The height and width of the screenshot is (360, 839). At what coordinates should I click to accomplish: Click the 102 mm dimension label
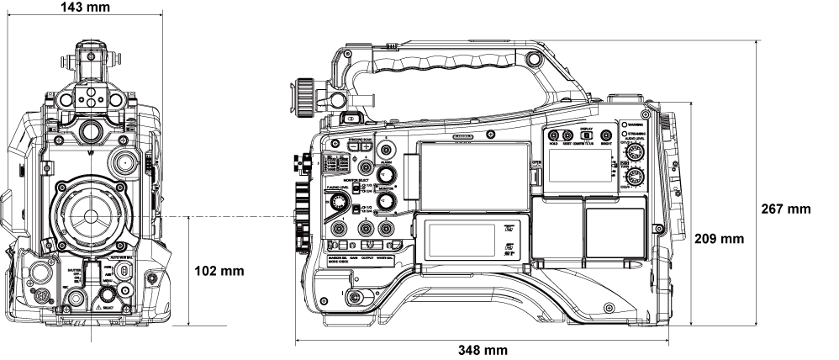tap(219, 272)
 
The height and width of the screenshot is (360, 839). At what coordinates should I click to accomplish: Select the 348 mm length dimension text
tap(482, 350)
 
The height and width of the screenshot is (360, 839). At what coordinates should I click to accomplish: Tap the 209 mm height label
tap(720, 239)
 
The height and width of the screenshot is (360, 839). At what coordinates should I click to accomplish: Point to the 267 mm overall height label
tap(786, 208)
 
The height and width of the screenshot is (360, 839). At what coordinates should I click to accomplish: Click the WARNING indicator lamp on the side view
tap(625, 124)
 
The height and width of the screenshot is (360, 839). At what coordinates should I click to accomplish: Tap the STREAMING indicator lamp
tap(624, 135)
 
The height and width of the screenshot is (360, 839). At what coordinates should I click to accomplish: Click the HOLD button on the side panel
tap(554, 135)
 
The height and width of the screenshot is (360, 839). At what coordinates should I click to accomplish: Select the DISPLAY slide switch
tap(587, 135)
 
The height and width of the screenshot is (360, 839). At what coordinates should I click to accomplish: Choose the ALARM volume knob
tap(387, 174)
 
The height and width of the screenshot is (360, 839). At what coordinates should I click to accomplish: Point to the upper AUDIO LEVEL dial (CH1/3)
tap(636, 152)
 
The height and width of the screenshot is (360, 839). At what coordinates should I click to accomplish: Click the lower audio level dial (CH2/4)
tap(636, 177)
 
